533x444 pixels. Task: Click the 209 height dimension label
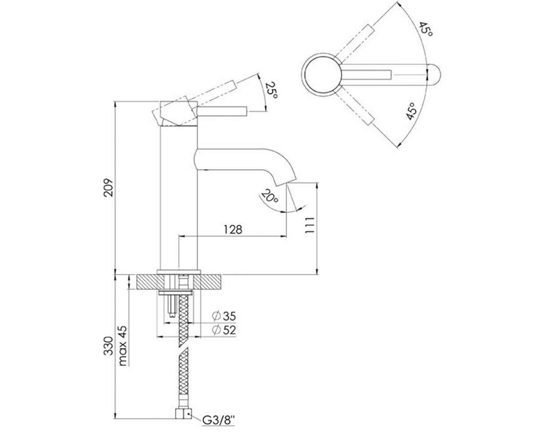pyautogui.click(x=108, y=187)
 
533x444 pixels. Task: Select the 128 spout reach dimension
pyautogui.click(x=233, y=230)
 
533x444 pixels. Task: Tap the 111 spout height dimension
pyautogui.click(x=310, y=225)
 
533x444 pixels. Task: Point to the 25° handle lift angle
pyautogui.click(x=271, y=90)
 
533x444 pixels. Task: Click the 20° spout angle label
pyautogui.click(x=270, y=196)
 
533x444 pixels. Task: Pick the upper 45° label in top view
pyautogui.click(x=426, y=29)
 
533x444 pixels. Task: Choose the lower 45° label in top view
pyautogui.click(x=411, y=111)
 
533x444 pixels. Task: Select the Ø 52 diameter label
pyautogui.click(x=224, y=330)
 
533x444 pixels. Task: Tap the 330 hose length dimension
pyautogui.click(x=108, y=346)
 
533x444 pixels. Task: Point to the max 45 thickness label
pyautogui.click(x=123, y=346)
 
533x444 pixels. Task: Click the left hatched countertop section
pyautogui.click(x=151, y=281)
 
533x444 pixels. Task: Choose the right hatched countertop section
pyautogui.click(x=207, y=281)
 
